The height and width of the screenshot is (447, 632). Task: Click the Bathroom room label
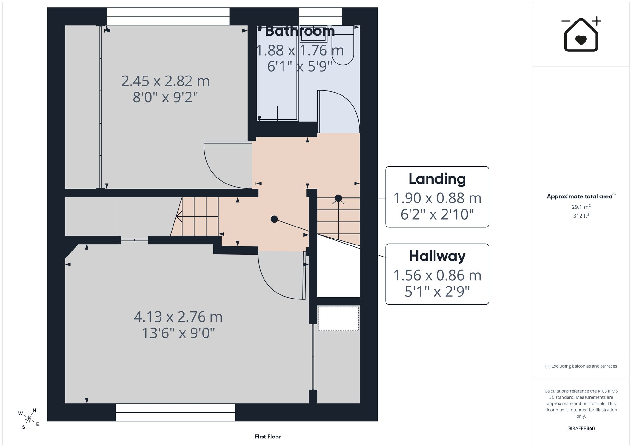(300, 31)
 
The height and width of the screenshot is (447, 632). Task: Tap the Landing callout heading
(437, 179)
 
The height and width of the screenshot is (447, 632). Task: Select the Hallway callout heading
(437, 256)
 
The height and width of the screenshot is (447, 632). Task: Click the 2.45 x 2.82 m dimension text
(165, 81)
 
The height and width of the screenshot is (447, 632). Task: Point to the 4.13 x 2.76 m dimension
(178, 317)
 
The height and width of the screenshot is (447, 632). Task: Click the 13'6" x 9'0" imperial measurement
(178, 333)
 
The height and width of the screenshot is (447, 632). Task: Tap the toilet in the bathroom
(343, 46)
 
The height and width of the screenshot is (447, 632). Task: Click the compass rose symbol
(29, 419)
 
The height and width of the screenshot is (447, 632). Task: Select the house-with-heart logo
(581, 34)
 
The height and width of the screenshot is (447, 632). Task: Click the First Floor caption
(268, 437)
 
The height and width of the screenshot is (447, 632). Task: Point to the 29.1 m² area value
(581, 207)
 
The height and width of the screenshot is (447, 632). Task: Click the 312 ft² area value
(581, 216)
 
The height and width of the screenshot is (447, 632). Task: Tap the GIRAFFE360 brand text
(581, 429)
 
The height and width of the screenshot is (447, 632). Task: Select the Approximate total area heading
(581, 196)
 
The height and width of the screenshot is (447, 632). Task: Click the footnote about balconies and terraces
(581, 366)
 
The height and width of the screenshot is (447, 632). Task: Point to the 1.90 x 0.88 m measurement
(437, 198)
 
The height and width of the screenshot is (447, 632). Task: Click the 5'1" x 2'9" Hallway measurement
(437, 292)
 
